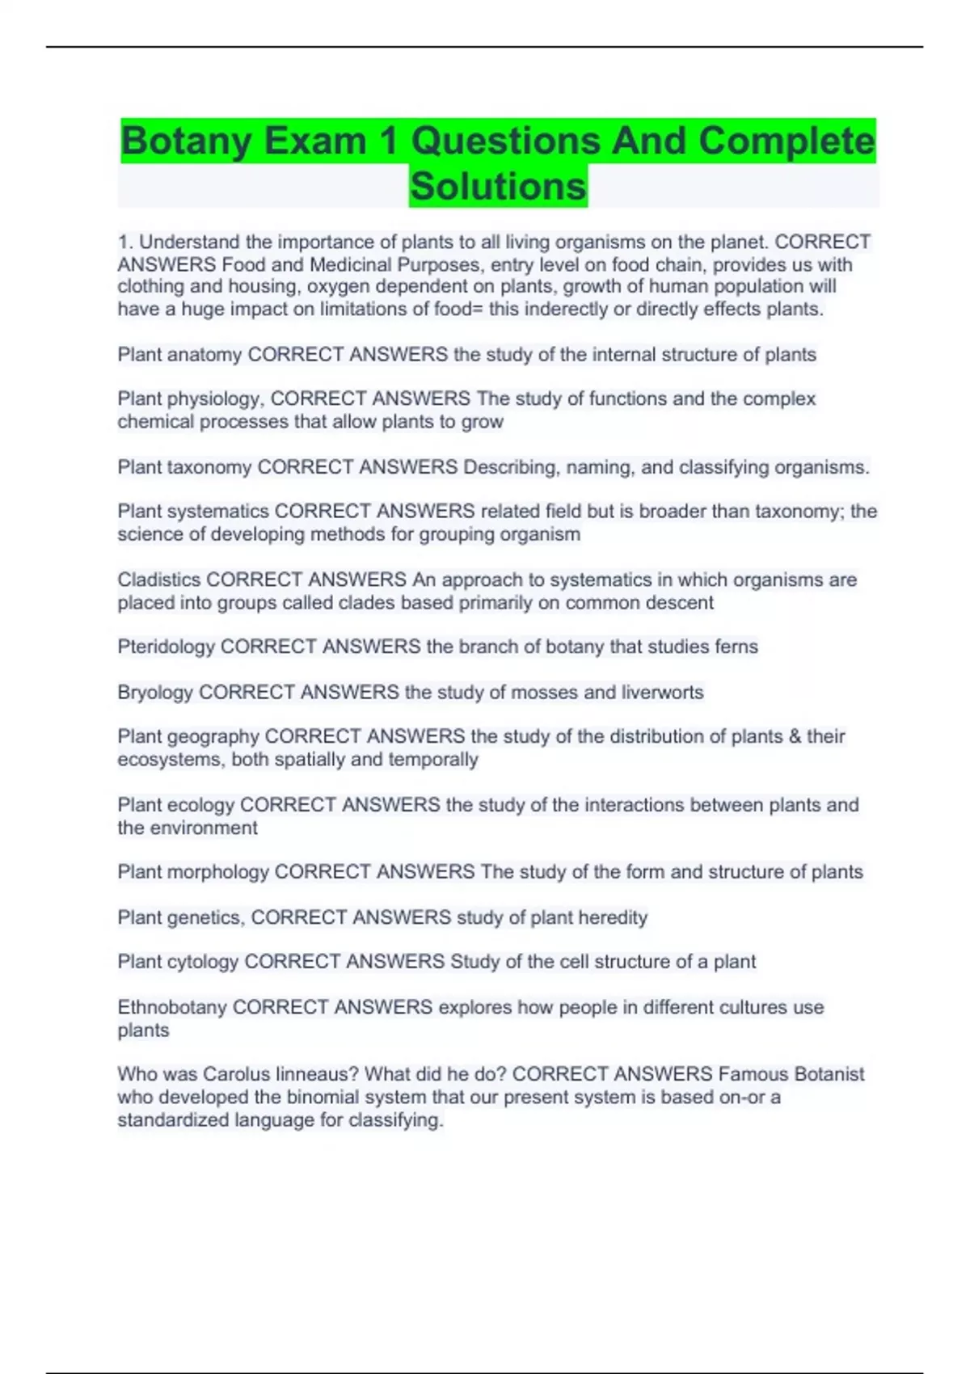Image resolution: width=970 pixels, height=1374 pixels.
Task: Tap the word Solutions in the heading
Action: pos(498,187)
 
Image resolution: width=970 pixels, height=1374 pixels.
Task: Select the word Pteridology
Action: pos(167,647)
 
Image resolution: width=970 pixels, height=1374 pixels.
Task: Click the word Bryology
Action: pos(155,693)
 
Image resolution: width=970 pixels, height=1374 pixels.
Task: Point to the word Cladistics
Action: pos(159,580)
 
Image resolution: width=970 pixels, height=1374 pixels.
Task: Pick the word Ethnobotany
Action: pos(172,1007)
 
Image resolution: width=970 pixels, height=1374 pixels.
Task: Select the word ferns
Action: pos(736,647)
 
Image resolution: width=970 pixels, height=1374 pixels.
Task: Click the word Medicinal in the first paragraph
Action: pos(350,264)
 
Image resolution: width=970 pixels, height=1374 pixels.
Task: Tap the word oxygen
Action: pos(337,287)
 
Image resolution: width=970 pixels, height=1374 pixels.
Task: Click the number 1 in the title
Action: pos(389,141)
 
